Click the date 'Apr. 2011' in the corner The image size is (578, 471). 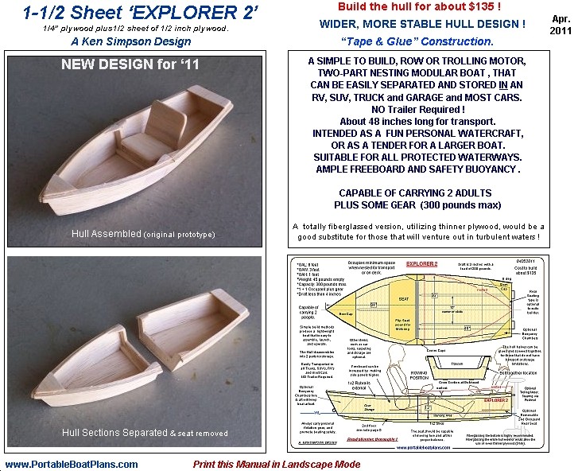(559, 24)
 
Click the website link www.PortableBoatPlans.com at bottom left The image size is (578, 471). (72, 464)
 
